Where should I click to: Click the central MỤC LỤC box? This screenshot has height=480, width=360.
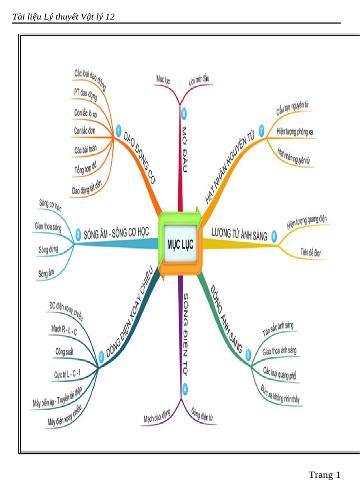(x=180, y=244)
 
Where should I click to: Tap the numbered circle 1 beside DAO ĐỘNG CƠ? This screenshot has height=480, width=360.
(x=119, y=132)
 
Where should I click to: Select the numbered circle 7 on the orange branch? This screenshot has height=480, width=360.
(x=262, y=131)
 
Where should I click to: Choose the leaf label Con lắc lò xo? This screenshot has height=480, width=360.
(x=85, y=113)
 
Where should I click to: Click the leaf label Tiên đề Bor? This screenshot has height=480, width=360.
(x=310, y=252)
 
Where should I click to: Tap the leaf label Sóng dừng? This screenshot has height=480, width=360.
(x=48, y=249)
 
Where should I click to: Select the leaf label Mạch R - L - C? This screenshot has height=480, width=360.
(x=64, y=330)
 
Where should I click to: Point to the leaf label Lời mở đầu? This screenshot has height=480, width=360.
(x=199, y=80)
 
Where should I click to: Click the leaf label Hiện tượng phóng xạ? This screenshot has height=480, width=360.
(x=294, y=132)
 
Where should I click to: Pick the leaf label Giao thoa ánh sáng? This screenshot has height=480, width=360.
(x=279, y=351)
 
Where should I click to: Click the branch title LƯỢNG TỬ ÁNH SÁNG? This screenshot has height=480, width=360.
(x=240, y=234)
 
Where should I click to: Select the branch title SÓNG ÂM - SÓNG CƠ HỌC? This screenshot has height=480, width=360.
(x=116, y=233)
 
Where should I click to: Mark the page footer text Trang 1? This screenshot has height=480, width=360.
(x=324, y=474)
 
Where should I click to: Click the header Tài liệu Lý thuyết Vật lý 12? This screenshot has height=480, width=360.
(x=63, y=16)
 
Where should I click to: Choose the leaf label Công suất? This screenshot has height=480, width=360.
(x=64, y=352)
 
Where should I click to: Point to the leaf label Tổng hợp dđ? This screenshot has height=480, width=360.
(x=85, y=167)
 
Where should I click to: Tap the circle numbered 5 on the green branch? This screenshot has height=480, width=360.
(x=248, y=355)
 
